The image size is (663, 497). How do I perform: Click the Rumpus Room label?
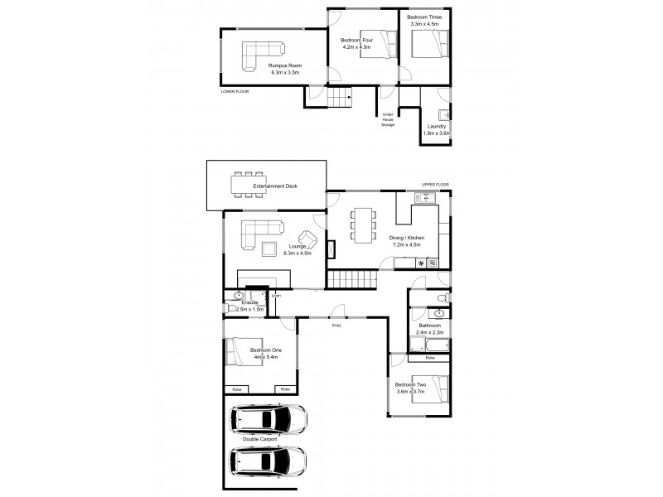(284, 65)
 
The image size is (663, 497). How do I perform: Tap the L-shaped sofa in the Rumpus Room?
(259, 55)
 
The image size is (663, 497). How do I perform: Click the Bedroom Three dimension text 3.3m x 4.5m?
(428, 24)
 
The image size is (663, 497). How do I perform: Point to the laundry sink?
(446, 114)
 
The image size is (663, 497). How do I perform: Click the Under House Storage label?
(387, 119)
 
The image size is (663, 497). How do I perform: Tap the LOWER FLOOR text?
(235, 91)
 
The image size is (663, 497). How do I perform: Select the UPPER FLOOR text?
(436, 186)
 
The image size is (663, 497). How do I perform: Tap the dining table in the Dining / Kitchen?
(363, 224)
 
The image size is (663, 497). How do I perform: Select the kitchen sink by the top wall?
(424, 197)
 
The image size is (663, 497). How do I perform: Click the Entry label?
(336, 326)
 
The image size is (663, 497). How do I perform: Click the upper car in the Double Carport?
(267, 420)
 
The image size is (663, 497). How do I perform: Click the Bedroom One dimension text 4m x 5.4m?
(266, 357)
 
